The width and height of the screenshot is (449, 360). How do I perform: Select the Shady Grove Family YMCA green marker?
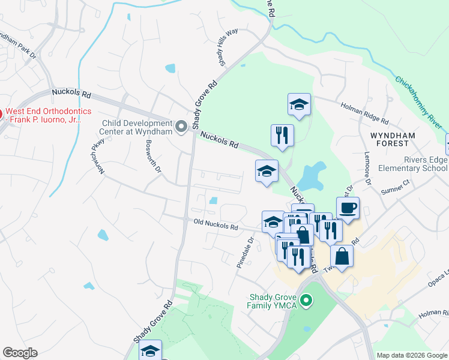click(306, 299)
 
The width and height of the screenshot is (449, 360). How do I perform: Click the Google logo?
click(20, 353)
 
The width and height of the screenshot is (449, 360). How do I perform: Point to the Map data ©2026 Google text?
click(412, 355)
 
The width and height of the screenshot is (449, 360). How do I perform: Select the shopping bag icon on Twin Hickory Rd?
click(341, 256)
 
